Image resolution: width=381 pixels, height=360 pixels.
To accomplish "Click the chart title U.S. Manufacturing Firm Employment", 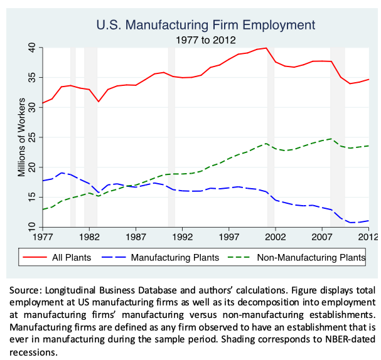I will (205, 26).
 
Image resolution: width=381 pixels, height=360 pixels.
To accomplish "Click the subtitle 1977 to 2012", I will (205, 40).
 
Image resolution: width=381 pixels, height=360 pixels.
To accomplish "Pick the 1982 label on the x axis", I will (89, 238).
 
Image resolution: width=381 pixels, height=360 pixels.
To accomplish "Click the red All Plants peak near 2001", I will (266, 48).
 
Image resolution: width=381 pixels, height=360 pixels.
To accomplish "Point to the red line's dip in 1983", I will (98, 102).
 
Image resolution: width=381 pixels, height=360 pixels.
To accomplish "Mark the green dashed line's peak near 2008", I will (331, 139).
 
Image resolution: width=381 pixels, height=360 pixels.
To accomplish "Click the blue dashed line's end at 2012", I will (368, 220).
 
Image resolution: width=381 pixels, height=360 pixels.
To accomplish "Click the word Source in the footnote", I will (28, 290).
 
